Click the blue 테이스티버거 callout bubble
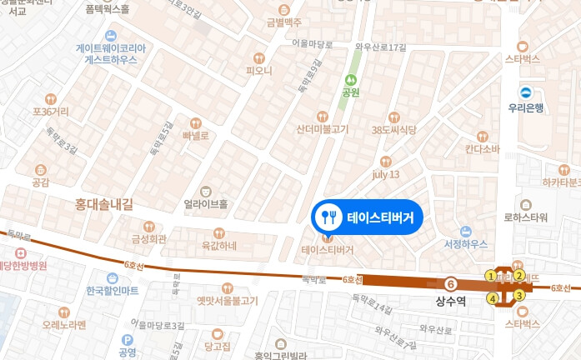(x=368, y=217)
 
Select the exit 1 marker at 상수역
(x=490, y=276)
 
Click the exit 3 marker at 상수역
(x=518, y=295)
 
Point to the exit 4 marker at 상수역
(x=492, y=297)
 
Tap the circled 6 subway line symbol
(x=451, y=283)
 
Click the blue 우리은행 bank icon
(x=526, y=92)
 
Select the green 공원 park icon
(x=351, y=81)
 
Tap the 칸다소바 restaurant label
(x=483, y=149)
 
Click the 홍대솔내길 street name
(x=104, y=202)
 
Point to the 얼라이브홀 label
(x=205, y=202)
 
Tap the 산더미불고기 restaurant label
(x=323, y=129)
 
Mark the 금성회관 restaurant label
(x=148, y=237)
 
